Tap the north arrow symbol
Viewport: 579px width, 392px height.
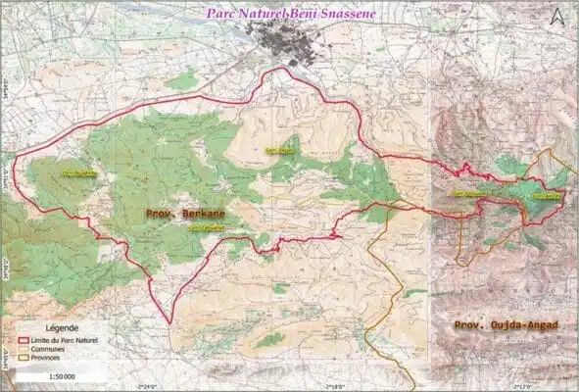(558, 16)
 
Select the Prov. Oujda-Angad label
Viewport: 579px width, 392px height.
(506, 323)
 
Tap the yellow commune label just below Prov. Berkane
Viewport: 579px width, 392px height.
(206, 228)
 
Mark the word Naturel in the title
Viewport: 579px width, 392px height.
(261, 14)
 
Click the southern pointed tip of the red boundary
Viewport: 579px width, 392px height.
(169, 324)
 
